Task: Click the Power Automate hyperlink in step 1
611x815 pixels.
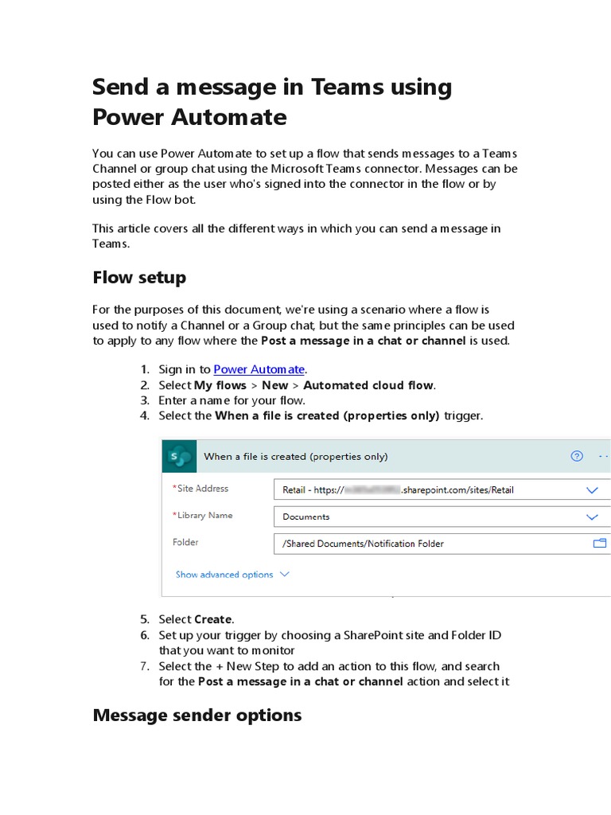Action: (259, 369)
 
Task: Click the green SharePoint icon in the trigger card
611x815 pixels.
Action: (180, 456)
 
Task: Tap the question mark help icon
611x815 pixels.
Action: (577, 456)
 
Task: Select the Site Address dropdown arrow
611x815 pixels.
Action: (592, 490)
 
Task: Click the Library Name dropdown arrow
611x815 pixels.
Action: (592, 517)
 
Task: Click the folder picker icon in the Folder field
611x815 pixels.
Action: (599, 544)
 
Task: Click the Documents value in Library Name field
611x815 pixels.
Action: (306, 517)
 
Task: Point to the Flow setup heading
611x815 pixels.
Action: (139, 278)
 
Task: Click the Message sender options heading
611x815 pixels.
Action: (197, 716)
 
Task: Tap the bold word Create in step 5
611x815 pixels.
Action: (213, 619)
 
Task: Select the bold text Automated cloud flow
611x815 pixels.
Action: (368, 385)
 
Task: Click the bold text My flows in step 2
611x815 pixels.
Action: (220, 385)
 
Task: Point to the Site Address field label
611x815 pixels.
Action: (202, 489)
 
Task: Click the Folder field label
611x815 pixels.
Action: (185, 542)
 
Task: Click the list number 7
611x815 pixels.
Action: (144, 666)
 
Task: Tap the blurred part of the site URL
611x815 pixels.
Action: (372, 490)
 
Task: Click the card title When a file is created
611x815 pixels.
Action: (296, 456)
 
